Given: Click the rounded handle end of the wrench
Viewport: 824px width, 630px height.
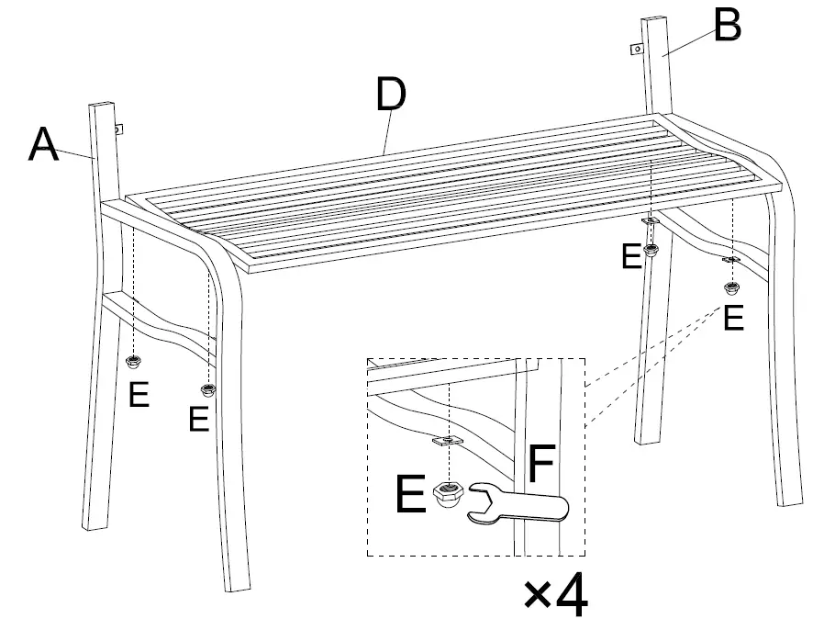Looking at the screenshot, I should coord(557,506).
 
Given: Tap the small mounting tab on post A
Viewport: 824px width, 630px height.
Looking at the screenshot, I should coord(119,129).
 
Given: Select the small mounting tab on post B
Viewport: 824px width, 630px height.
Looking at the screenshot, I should coord(635,49).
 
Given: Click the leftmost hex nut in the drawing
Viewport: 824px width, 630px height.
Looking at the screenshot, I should coord(134,360).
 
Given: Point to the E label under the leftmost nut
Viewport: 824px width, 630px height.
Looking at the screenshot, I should coord(139,394).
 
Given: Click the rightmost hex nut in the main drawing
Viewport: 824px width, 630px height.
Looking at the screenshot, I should coord(731,288).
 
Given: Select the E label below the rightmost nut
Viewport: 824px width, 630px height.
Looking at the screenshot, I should coord(733,319).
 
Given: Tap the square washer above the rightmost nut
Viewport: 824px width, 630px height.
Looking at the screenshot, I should coord(731,260).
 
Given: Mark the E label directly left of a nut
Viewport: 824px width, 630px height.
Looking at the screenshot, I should coord(630,256).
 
